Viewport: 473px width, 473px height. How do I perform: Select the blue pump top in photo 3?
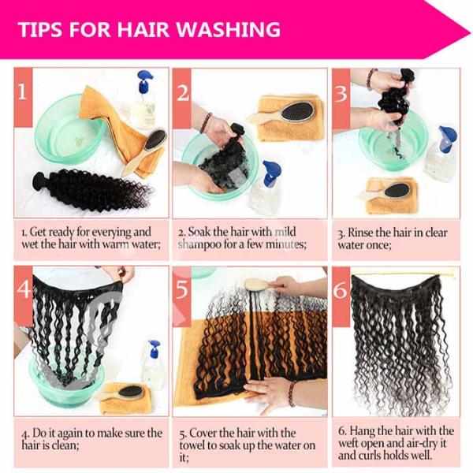point(447,134)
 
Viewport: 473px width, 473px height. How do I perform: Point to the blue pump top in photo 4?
point(153,348)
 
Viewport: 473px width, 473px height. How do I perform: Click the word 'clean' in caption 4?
point(65,445)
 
